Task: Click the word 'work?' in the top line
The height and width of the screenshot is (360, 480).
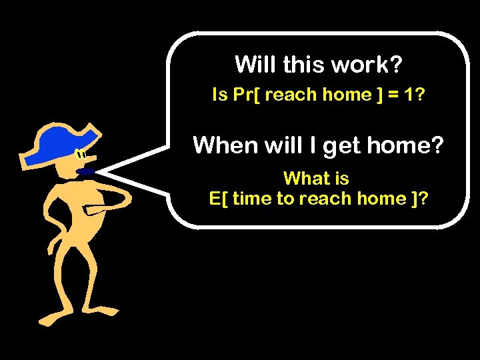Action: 371,65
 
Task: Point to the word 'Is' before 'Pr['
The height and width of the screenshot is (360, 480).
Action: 219,95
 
